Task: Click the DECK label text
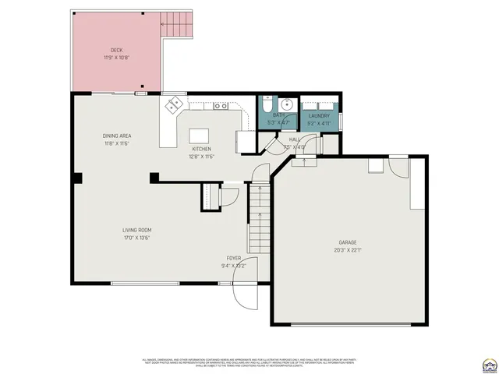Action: pyautogui.click(x=116, y=49)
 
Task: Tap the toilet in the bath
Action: pyautogui.click(x=267, y=104)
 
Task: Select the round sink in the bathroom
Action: pyautogui.click(x=286, y=104)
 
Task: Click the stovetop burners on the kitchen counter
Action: pyautogui.click(x=221, y=105)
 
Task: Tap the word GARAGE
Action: pyautogui.click(x=348, y=242)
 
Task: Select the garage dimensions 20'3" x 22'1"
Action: pyautogui.click(x=348, y=249)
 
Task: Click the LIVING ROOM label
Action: pyautogui.click(x=136, y=230)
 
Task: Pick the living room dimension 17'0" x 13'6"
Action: pyautogui.click(x=136, y=238)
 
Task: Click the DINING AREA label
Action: pyautogui.click(x=116, y=136)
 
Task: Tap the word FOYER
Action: pyautogui.click(x=234, y=258)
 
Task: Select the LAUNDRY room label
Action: pyautogui.click(x=319, y=116)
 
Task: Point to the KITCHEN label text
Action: pyautogui.click(x=201, y=149)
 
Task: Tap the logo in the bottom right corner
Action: pyautogui.click(x=489, y=364)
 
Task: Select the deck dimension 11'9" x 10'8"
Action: pyautogui.click(x=116, y=57)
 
